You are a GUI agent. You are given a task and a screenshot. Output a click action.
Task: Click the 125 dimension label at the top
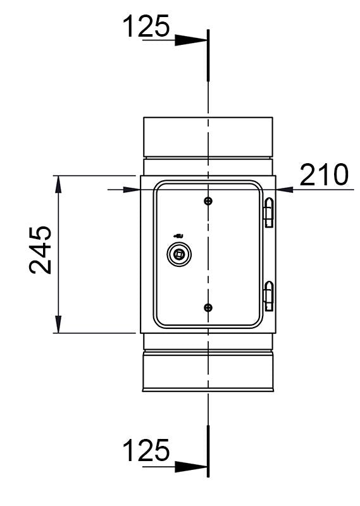146,27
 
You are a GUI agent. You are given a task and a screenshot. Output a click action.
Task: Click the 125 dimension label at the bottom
146,451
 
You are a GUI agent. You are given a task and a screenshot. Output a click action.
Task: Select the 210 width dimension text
324,175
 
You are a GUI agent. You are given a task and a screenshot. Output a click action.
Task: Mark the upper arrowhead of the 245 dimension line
58,184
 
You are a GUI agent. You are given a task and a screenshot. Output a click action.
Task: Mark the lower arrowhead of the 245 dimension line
58,324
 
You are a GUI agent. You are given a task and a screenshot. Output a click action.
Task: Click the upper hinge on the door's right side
269,213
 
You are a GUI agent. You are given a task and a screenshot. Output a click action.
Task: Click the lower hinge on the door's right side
269,295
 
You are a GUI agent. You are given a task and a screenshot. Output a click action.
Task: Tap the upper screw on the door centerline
208,201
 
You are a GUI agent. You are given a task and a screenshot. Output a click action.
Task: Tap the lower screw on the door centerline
208,307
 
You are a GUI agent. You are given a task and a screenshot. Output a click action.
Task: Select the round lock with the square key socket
178,254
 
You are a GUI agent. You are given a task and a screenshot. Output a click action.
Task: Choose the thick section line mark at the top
208,55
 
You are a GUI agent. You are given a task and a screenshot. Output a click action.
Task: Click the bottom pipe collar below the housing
208,371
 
